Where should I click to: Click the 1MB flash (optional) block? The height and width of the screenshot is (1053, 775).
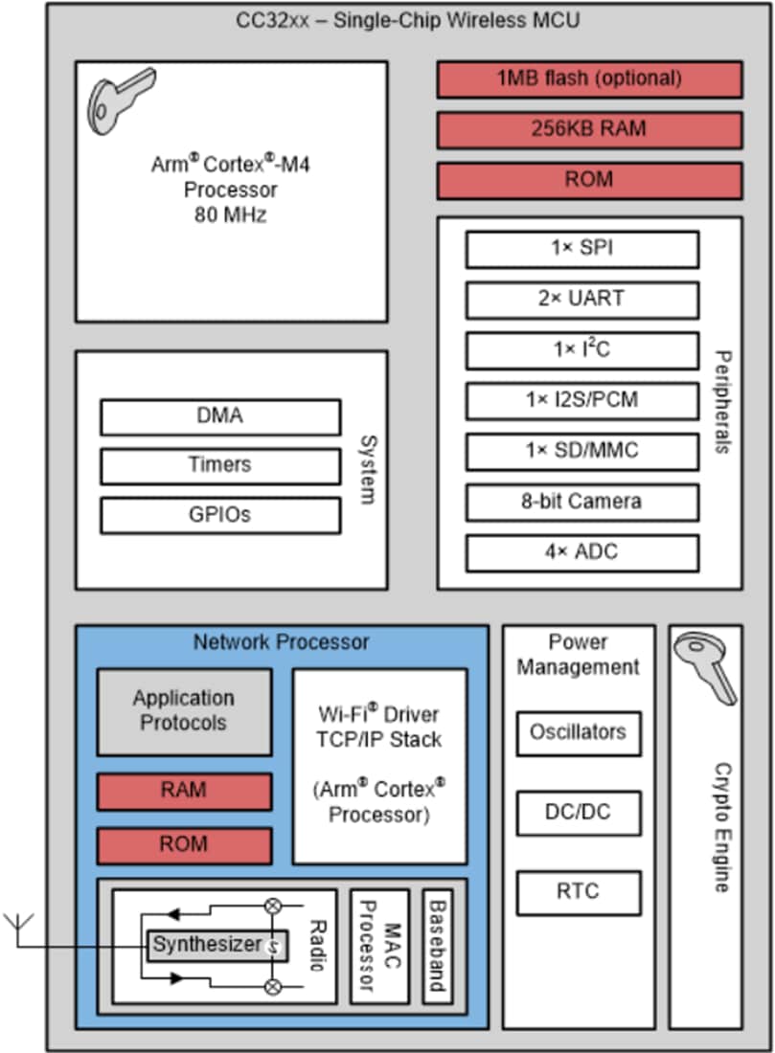click(x=589, y=79)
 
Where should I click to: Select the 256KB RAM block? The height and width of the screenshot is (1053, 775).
click(x=589, y=129)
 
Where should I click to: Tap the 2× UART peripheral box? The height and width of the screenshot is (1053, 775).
click(x=581, y=300)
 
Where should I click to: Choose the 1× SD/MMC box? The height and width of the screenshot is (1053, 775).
click(x=581, y=451)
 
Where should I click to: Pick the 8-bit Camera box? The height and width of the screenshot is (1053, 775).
click(x=581, y=502)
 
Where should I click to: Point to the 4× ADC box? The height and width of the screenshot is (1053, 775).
click(x=581, y=552)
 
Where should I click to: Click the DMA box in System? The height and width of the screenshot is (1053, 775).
click(x=219, y=416)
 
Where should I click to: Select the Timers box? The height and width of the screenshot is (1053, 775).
click(x=219, y=466)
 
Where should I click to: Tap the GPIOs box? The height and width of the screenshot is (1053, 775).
click(x=219, y=515)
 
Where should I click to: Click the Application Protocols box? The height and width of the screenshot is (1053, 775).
click(x=184, y=711)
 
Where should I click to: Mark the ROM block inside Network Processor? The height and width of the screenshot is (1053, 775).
click(x=184, y=845)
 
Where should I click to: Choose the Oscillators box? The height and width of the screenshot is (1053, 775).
click(x=578, y=732)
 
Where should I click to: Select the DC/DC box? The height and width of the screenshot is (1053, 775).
click(x=578, y=813)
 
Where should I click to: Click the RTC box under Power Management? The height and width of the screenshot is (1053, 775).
click(x=578, y=892)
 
